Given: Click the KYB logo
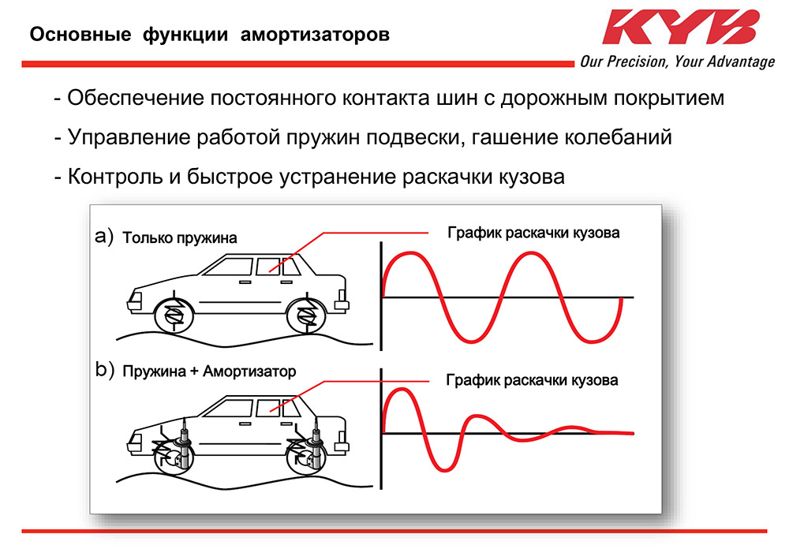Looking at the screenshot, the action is pos(680,28).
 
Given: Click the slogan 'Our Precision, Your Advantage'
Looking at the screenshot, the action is pos(677,62).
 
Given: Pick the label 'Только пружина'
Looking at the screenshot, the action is pos(179,237).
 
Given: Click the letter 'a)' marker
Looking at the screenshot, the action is pos(104,236).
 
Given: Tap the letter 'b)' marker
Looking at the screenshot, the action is pos(104,369).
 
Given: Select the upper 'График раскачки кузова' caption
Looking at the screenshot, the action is pos(533,233).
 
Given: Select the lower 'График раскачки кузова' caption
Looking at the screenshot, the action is pos(532,380).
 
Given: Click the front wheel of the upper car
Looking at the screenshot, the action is pos(174,315).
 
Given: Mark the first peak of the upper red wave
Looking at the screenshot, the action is pos(410,253).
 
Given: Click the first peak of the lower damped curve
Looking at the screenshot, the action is pos(399,392).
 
